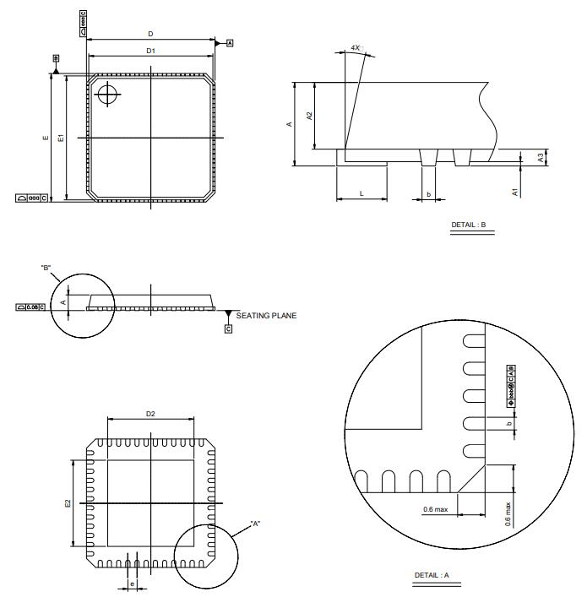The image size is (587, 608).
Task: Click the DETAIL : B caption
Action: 469,225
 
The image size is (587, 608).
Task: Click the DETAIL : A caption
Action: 432,575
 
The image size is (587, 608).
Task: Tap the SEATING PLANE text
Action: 266,316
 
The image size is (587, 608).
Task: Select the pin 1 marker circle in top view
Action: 107,94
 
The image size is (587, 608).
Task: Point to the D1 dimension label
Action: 150,52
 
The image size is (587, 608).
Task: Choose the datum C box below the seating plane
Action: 228,328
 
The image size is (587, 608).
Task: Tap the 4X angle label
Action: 356,48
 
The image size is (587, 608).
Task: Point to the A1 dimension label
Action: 515,192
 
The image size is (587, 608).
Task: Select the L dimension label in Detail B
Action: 361,193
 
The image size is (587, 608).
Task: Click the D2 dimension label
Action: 150,414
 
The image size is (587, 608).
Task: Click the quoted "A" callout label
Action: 255,524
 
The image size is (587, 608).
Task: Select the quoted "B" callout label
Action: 46,268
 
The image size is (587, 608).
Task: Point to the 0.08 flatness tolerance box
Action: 31,307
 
